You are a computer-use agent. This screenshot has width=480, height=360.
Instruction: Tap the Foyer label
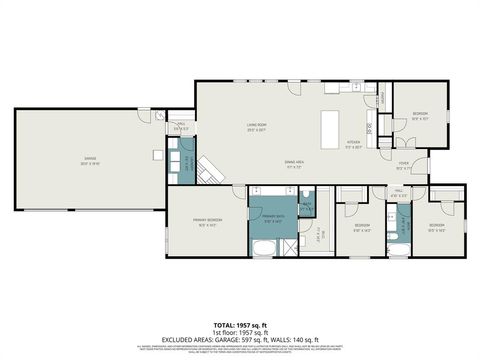tap(404, 166)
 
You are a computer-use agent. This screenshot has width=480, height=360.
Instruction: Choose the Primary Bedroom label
tap(207, 221)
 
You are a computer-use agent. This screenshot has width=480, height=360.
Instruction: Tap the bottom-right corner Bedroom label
tap(437, 228)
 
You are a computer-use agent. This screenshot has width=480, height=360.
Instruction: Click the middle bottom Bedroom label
tap(362, 228)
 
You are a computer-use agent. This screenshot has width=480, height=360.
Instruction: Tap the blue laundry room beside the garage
tap(187, 161)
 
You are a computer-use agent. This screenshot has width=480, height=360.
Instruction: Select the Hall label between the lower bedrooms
tap(399, 192)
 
